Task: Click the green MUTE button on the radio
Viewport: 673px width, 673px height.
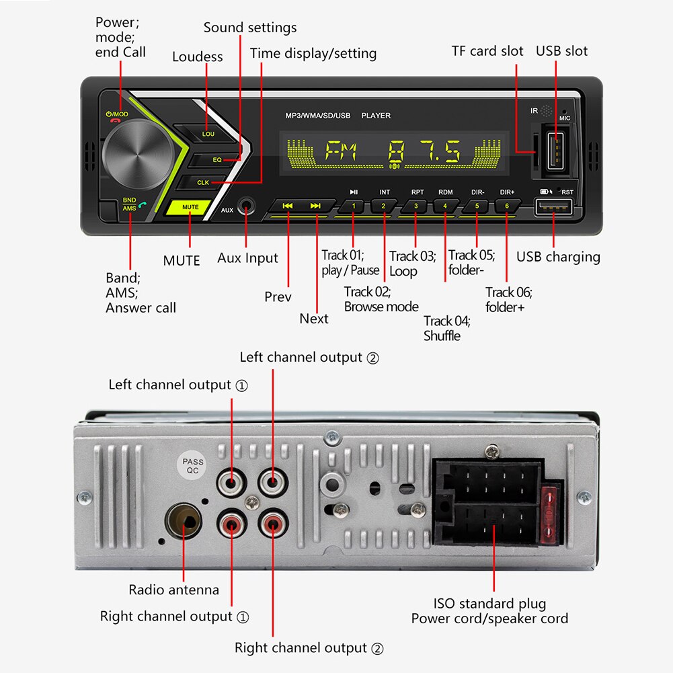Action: click(191, 208)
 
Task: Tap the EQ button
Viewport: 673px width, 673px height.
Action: click(217, 160)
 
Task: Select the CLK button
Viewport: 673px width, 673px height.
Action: click(203, 182)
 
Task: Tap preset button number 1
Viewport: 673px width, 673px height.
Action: click(354, 206)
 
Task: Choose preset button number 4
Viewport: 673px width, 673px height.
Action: click(445, 206)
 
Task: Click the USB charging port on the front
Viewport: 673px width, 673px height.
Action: click(553, 210)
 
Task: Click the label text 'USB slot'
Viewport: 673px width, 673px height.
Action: click(561, 51)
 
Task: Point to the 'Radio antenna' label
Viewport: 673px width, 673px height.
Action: click(174, 590)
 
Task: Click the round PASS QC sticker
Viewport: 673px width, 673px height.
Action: click(193, 467)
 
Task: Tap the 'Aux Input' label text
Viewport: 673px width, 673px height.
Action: click(247, 258)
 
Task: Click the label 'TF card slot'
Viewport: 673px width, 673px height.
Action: click(487, 51)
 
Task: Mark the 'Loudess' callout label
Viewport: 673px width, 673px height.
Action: click(197, 56)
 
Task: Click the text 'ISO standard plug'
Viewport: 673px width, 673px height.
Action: click(489, 603)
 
